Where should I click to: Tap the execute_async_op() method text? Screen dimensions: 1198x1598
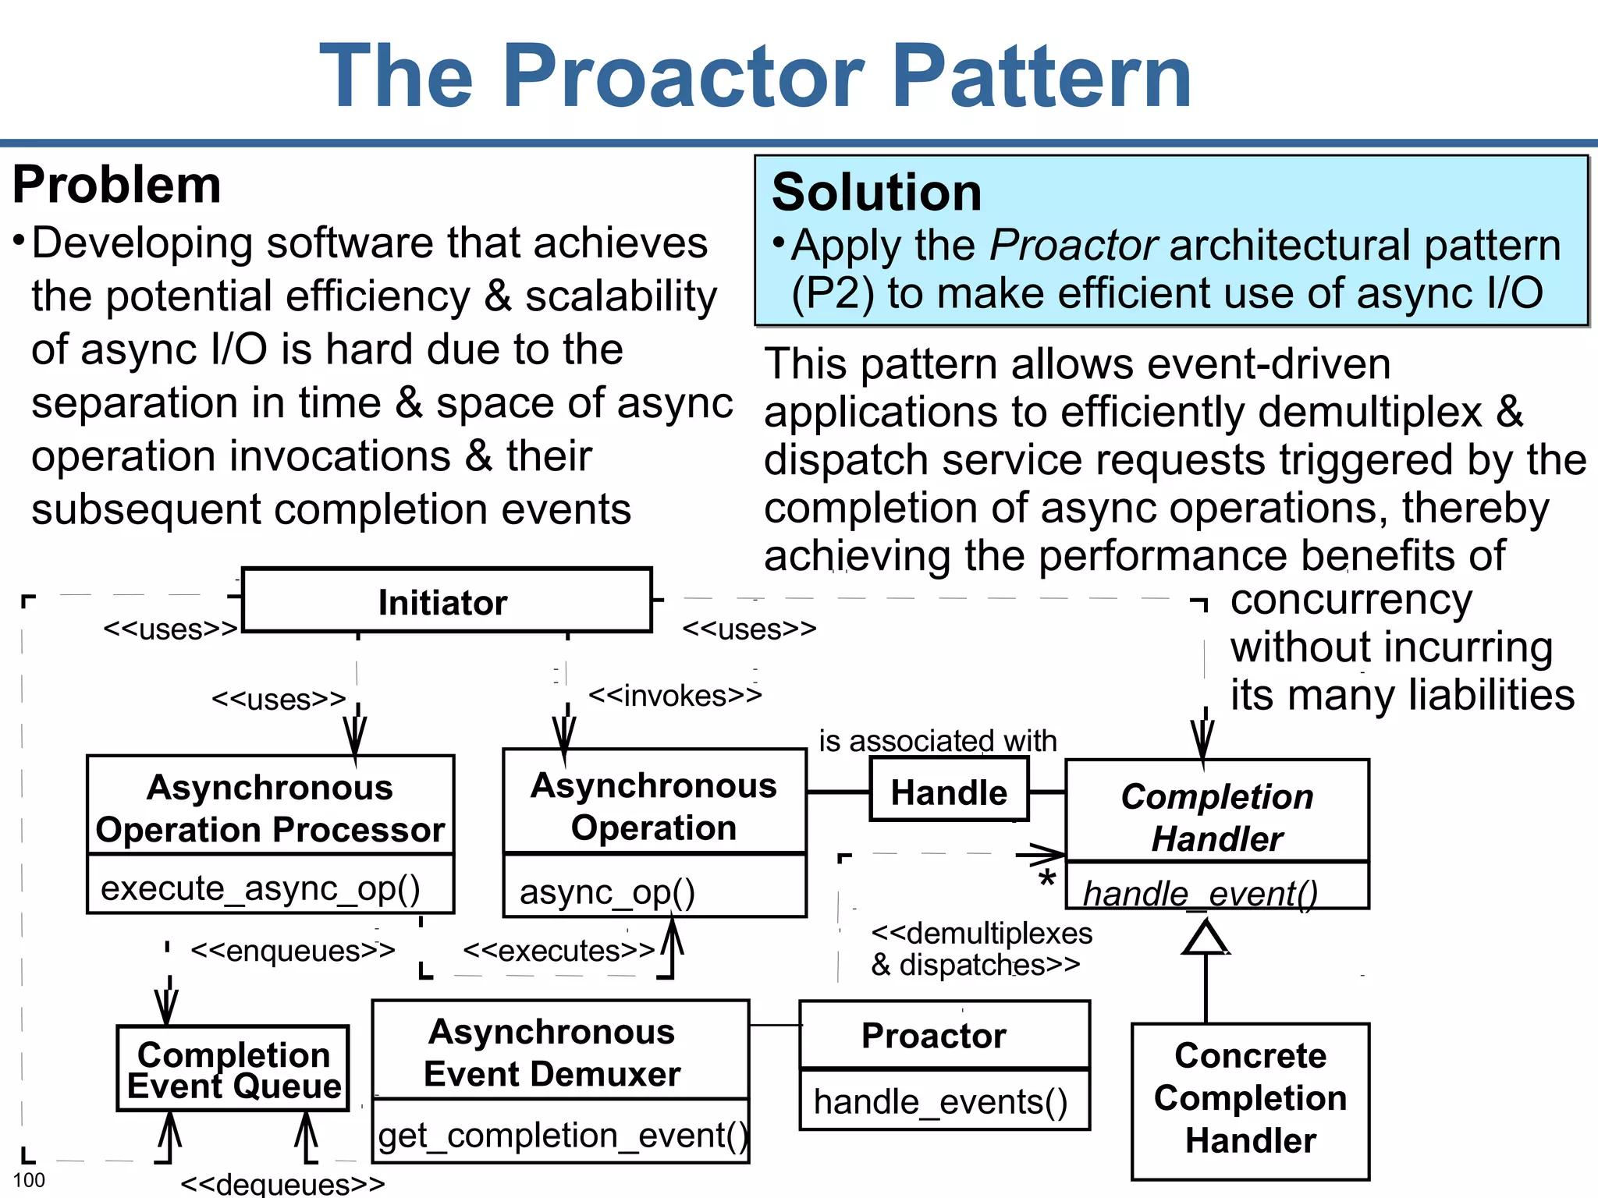(x=261, y=888)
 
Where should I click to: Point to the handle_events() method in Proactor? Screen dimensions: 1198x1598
(x=940, y=1102)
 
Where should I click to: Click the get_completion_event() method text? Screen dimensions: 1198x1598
(x=562, y=1136)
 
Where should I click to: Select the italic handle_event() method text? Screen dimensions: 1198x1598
(x=1199, y=893)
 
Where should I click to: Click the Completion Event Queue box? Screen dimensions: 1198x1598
(x=233, y=1069)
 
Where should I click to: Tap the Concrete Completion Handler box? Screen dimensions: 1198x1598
(x=1250, y=1099)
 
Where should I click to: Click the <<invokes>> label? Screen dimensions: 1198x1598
(x=674, y=696)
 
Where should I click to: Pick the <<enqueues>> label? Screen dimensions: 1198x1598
(x=293, y=951)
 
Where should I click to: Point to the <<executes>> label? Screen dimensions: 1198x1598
(x=559, y=951)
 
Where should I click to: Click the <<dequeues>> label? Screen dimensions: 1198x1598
(x=282, y=1184)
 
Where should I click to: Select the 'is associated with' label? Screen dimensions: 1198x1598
(x=937, y=741)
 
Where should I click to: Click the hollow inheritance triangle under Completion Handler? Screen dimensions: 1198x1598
(x=1206, y=937)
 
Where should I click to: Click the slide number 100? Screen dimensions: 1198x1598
(x=30, y=1179)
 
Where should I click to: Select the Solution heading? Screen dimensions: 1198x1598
(x=876, y=193)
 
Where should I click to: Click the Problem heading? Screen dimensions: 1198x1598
(x=117, y=186)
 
